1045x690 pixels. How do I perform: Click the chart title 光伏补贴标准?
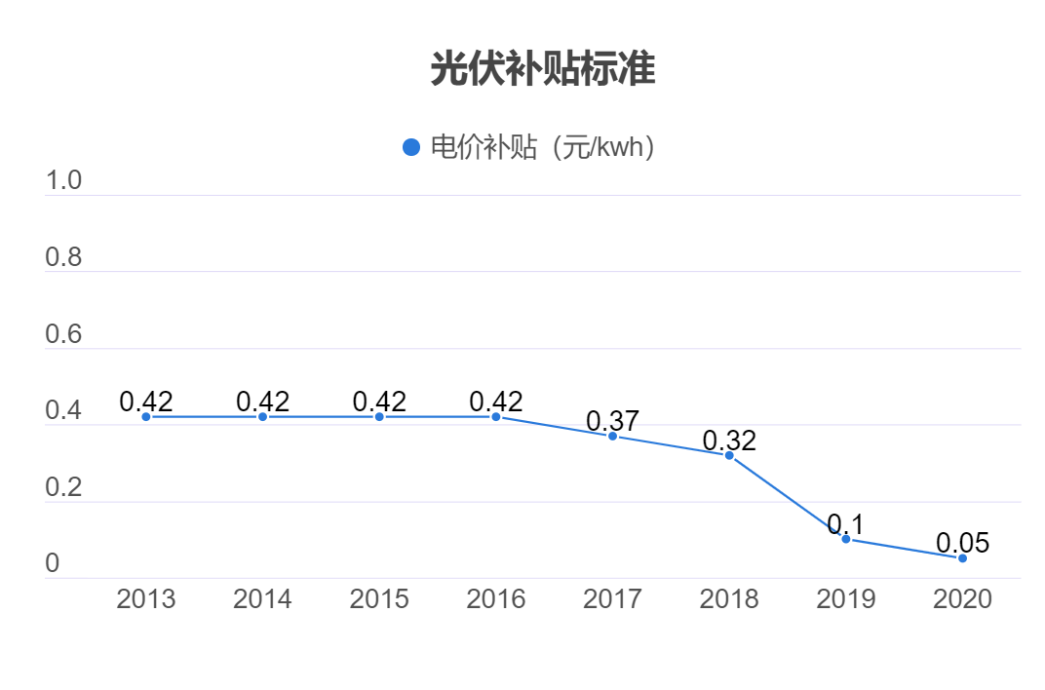[543, 69]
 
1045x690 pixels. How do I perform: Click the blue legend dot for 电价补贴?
[411, 147]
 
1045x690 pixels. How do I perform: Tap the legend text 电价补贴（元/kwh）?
[542, 147]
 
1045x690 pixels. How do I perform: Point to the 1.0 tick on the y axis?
[63, 181]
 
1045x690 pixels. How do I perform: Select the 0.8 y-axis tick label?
[63, 258]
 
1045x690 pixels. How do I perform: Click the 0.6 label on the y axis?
[63, 335]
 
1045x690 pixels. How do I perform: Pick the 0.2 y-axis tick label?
[63, 488]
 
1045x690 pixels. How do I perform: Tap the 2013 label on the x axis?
[146, 598]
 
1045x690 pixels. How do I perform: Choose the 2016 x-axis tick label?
[496, 598]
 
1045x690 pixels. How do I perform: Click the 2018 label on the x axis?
[729, 598]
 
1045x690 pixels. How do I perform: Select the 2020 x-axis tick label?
[962, 598]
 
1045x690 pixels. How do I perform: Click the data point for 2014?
[262, 417]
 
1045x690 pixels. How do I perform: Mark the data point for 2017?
[613, 436]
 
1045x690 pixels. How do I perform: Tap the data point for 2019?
[846, 539]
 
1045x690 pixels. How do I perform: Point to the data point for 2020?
[962, 558]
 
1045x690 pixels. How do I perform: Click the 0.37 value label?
[612, 422]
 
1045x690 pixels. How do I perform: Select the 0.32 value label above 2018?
[729, 441]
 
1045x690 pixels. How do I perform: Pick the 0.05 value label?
[962, 544]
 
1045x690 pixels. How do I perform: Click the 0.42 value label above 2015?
[379, 402]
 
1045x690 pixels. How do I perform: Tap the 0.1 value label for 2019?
[845, 524]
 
